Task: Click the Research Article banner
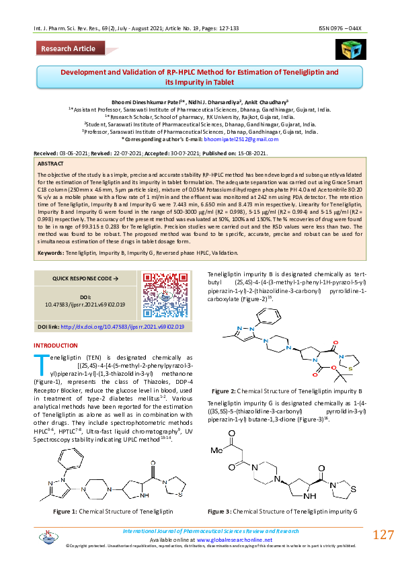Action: tap(69, 49)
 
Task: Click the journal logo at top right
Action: tap(348, 50)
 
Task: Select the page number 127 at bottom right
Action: tap(383, 535)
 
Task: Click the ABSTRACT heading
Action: tap(51, 163)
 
